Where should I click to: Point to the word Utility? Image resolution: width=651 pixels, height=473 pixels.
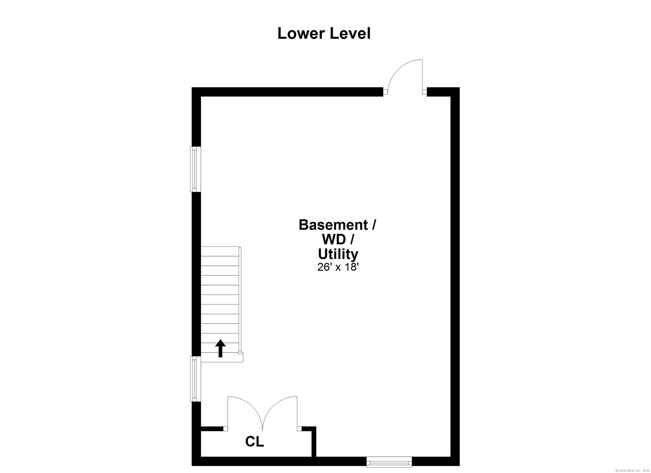click(338, 254)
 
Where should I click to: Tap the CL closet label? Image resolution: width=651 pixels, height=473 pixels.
click(254, 441)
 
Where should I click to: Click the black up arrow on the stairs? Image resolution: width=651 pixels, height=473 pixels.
click(220, 348)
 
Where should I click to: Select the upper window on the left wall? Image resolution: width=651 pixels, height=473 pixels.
click(195, 169)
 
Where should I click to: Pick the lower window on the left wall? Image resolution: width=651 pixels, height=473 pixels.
click(195, 379)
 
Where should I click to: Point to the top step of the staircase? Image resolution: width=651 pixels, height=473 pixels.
click(220, 251)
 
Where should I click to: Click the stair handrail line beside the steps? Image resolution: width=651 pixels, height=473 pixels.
click(240, 300)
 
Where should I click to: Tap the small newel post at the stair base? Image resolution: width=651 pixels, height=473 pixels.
click(240, 353)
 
